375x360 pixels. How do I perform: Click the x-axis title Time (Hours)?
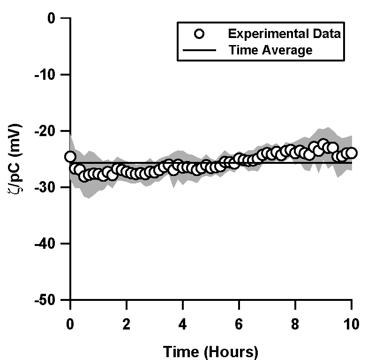click(x=211, y=351)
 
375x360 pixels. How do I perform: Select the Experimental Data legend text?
click(x=284, y=34)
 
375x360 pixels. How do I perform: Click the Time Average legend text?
click(x=270, y=50)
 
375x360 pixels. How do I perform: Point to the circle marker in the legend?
click(x=200, y=34)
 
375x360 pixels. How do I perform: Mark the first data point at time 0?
click(x=70, y=157)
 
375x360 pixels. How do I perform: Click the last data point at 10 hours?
click(x=352, y=153)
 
